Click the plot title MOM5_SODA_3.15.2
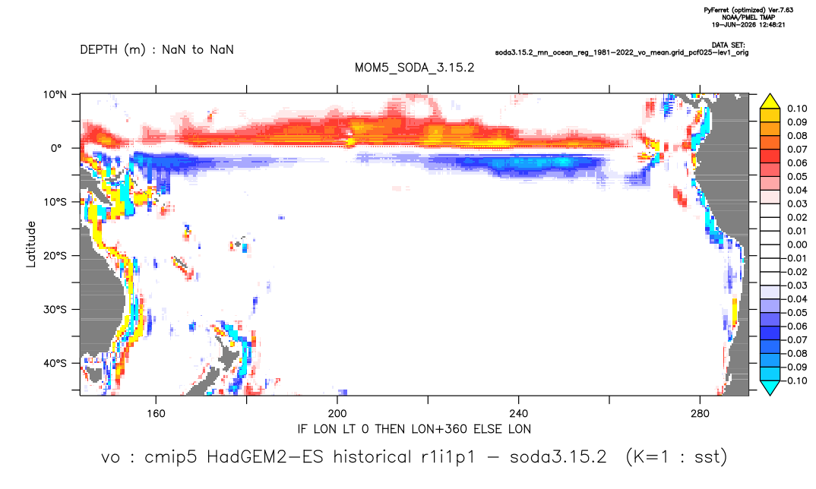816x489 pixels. [414, 68]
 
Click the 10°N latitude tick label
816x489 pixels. [55, 94]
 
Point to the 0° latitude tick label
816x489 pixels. [56, 148]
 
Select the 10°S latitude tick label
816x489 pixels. [55, 202]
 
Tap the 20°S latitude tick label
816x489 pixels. [55, 256]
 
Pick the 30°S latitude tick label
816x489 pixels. [55, 310]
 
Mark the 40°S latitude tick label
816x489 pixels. [55, 363]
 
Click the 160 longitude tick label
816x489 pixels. [156, 414]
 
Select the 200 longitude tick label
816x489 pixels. [337, 414]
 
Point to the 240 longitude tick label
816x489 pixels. [519, 414]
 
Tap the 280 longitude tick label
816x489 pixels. [700, 414]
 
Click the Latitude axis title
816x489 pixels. [31, 244]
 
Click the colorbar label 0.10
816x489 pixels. [797, 109]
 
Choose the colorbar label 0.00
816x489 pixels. [797, 244]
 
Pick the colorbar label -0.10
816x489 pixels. [795, 380]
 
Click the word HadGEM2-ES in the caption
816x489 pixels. [265, 457]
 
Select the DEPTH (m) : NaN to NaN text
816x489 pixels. [157, 50]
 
